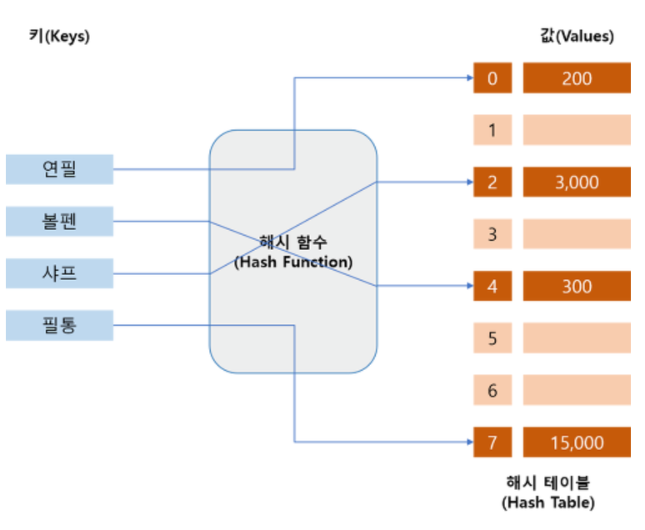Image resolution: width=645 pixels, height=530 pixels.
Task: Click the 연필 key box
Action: click(x=59, y=169)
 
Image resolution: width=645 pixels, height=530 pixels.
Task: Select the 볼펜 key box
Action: click(x=59, y=221)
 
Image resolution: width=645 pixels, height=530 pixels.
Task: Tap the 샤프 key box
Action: click(x=59, y=272)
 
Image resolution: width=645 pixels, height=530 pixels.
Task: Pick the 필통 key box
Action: click(x=59, y=324)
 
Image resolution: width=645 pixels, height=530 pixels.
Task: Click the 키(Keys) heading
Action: click(x=59, y=37)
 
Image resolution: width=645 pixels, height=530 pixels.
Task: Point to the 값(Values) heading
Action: click(x=577, y=37)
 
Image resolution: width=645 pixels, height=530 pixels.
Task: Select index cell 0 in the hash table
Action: click(x=492, y=78)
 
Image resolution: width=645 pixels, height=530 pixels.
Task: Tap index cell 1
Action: click(x=492, y=130)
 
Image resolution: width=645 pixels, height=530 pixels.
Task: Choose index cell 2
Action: click(x=492, y=182)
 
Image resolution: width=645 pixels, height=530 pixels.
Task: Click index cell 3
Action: click(x=492, y=234)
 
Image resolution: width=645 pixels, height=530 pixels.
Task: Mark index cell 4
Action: click(x=492, y=286)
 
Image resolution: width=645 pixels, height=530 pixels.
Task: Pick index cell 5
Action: click(x=492, y=338)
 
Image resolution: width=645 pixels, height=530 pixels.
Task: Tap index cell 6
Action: click(x=492, y=390)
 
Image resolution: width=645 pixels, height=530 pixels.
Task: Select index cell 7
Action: click(x=492, y=442)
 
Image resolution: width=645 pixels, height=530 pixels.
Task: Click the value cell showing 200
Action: click(x=577, y=78)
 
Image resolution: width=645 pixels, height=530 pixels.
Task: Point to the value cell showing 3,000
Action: click(x=577, y=182)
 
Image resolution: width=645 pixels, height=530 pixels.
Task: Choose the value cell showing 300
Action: click(x=577, y=286)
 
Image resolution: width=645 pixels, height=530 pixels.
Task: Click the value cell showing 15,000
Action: click(x=577, y=442)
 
